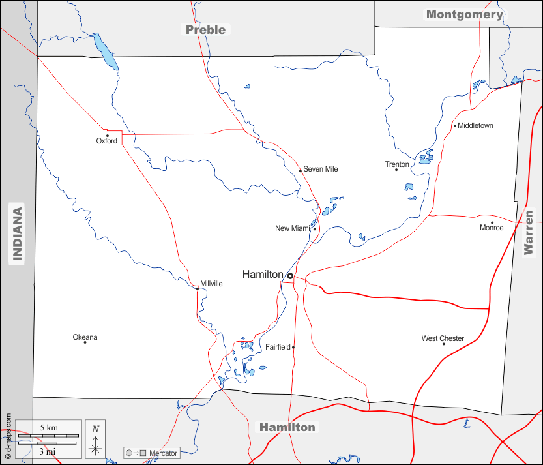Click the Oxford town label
click(x=106, y=141)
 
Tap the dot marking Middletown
click(x=455, y=126)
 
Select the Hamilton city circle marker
click(x=290, y=276)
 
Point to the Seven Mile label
click(x=321, y=170)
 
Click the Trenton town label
click(x=397, y=164)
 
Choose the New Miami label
click(x=293, y=228)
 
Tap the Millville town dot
click(x=198, y=288)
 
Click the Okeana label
click(x=85, y=337)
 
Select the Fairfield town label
click(x=278, y=347)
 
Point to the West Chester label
click(x=443, y=338)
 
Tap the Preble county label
click(x=205, y=29)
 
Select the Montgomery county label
click(x=464, y=14)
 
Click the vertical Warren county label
click(x=529, y=232)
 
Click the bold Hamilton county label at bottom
click(x=287, y=427)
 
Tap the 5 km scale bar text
click(x=48, y=428)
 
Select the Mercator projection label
click(x=163, y=453)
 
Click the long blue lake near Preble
click(x=105, y=51)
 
